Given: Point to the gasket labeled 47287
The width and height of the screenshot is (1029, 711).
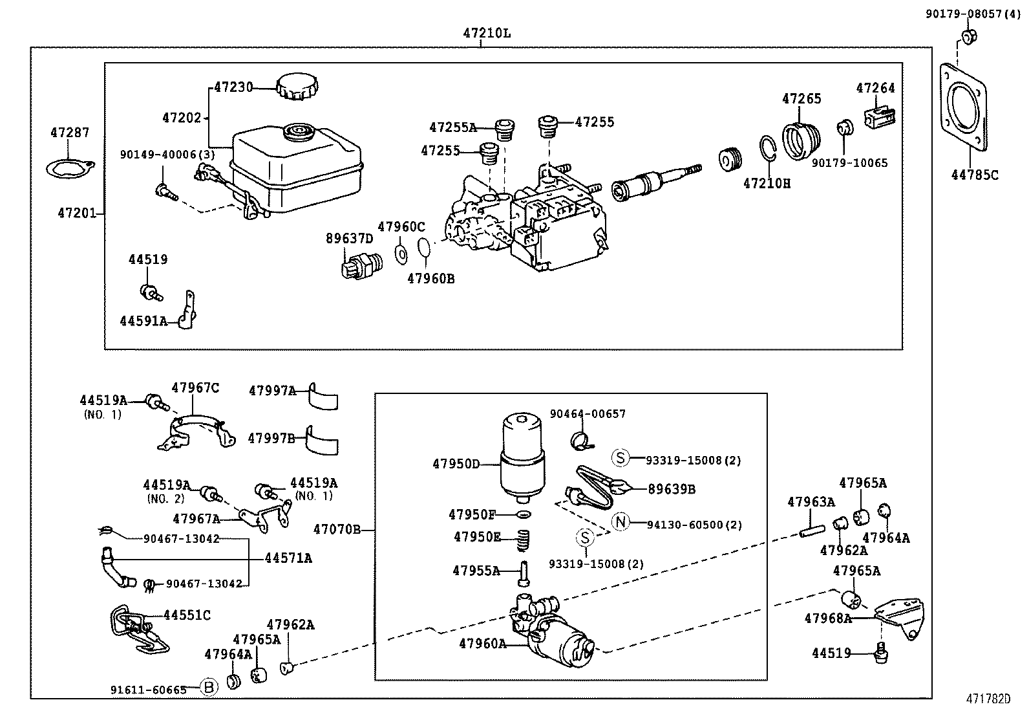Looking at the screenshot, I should coord(70,168).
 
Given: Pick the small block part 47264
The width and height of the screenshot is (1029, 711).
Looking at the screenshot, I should coord(880,116).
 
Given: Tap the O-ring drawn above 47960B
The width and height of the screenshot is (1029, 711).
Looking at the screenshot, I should coord(424,248).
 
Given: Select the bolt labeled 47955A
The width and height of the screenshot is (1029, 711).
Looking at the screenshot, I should coord(525,572).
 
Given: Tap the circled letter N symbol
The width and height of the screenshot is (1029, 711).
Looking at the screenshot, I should coord(621,522).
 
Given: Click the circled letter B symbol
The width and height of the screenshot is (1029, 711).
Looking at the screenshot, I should coord(209,687).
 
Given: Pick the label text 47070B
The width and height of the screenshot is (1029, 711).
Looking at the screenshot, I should coord(337,529).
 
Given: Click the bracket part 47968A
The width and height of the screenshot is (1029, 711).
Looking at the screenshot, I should coord(901,618).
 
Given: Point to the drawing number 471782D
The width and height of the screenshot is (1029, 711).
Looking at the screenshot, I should coord(988,699).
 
